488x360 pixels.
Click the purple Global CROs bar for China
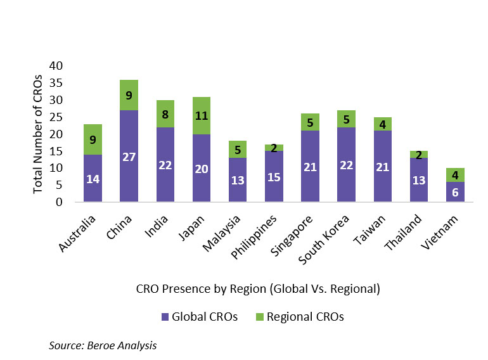click(x=129, y=156)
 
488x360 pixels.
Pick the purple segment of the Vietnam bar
click(x=454, y=192)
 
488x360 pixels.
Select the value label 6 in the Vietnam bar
click(x=454, y=193)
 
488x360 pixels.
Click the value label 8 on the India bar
click(x=165, y=113)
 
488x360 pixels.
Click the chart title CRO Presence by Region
click(x=258, y=288)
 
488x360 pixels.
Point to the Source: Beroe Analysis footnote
click(x=102, y=346)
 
